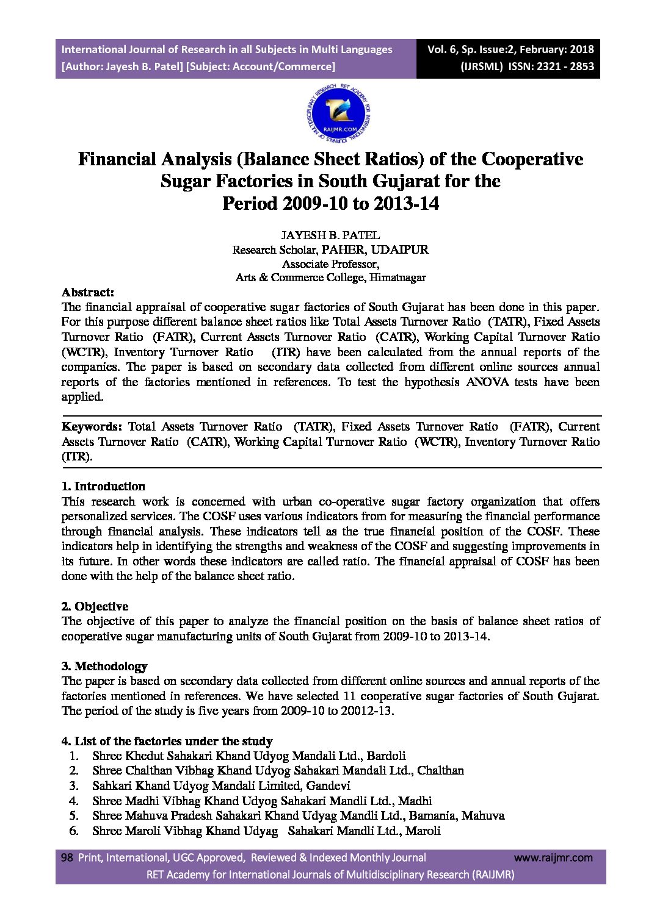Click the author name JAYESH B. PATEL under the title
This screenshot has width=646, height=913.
click(330, 235)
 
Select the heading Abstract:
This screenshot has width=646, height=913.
click(87, 292)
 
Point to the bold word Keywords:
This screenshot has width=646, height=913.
click(92, 426)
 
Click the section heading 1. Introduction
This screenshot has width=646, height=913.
click(103, 486)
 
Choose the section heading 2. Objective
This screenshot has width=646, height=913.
click(95, 606)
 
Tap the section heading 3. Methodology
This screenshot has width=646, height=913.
click(104, 666)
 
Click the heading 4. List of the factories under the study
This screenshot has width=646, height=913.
click(167, 741)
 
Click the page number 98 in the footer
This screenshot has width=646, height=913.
click(67, 858)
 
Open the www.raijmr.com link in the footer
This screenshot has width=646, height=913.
click(553, 858)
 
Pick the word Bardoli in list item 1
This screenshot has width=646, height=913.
click(386, 756)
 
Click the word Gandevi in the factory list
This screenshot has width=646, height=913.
click(328, 786)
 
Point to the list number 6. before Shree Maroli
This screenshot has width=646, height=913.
click(74, 831)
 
